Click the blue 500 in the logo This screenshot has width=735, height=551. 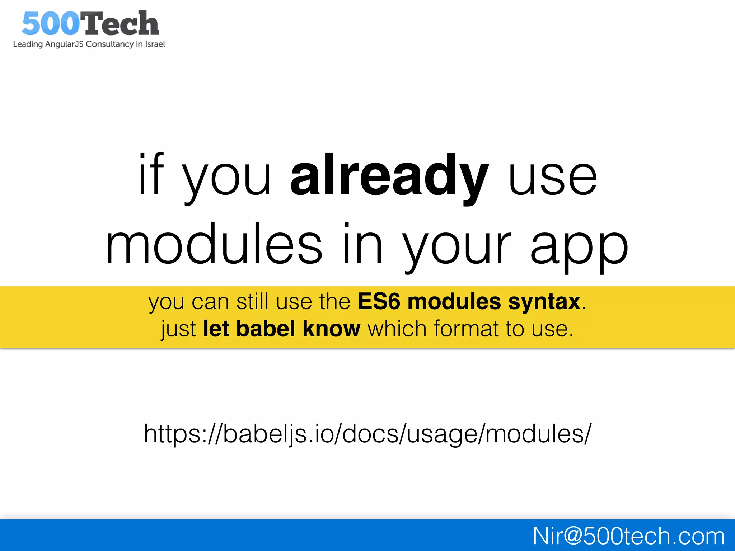click(50, 24)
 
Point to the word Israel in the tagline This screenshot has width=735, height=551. click(155, 44)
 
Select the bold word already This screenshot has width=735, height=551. click(389, 176)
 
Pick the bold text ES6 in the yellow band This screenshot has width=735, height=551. click(379, 301)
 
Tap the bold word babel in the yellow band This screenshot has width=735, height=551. click(266, 329)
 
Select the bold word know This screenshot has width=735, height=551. click(331, 329)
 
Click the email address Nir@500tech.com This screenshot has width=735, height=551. click(628, 536)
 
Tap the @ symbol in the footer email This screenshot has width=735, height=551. click(572, 536)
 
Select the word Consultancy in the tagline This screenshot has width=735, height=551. click(109, 44)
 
